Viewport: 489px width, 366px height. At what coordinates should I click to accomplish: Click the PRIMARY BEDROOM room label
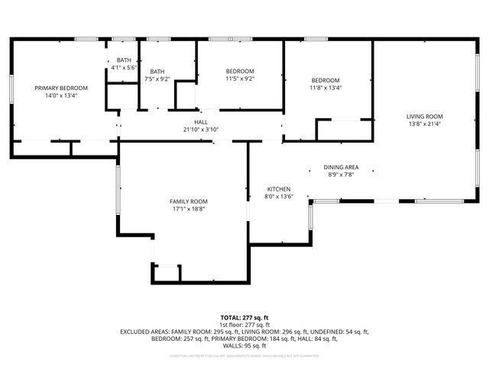57,88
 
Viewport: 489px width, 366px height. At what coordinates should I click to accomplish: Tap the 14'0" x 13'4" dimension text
57,96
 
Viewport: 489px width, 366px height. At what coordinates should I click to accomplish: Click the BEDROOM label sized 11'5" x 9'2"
239,71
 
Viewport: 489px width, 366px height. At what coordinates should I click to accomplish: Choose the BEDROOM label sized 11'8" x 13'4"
325,80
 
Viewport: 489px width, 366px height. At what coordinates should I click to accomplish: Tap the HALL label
201,122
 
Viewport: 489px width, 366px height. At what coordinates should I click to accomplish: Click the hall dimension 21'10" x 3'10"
201,130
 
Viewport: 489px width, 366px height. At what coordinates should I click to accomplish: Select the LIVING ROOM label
424,116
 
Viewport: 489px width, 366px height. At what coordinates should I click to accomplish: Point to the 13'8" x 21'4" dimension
424,124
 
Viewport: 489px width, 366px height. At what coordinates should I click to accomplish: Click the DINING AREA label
342,167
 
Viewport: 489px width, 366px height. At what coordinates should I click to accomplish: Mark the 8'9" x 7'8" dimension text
342,175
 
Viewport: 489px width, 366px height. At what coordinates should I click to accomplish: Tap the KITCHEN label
279,189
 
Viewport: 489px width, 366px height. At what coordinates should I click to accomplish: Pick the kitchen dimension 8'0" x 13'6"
279,197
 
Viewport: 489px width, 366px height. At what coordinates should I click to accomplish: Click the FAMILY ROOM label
188,201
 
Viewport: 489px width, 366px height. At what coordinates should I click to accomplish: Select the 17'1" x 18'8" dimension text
188,209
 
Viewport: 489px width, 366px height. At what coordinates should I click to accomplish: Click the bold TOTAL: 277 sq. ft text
244,317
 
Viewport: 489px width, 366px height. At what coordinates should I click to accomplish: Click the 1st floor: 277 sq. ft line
244,325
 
